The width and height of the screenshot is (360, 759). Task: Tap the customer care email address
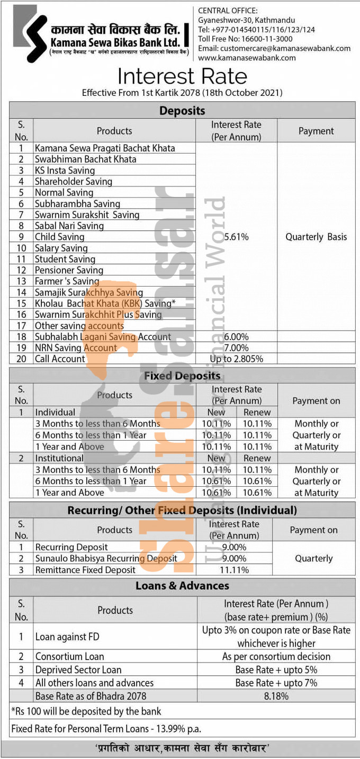(274, 48)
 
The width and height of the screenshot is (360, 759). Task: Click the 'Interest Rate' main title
(182, 76)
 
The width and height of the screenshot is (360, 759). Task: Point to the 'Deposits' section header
(182, 111)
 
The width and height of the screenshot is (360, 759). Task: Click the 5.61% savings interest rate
(236, 237)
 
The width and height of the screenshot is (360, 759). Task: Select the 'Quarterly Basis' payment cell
(316, 237)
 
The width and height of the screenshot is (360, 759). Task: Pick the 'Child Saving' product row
(59, 237)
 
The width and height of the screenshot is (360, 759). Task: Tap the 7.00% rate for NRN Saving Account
(236, 348)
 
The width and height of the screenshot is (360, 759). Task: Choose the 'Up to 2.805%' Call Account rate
(236, 359)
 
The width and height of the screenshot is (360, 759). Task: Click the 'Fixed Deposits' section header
(182, 376)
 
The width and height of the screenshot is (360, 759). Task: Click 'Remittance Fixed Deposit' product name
(85, 570)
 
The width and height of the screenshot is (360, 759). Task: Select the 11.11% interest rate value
(234, 570)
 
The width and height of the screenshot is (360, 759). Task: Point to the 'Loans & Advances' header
(182, 586)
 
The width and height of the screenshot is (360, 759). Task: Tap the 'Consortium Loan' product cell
(69, 656)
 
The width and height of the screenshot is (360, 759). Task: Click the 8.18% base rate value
(276, 696)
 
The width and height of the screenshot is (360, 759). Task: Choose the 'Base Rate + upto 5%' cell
(276, 669)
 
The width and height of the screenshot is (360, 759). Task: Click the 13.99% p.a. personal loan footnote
(106, 729)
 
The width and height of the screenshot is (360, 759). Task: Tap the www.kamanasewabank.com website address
(247, 58)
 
